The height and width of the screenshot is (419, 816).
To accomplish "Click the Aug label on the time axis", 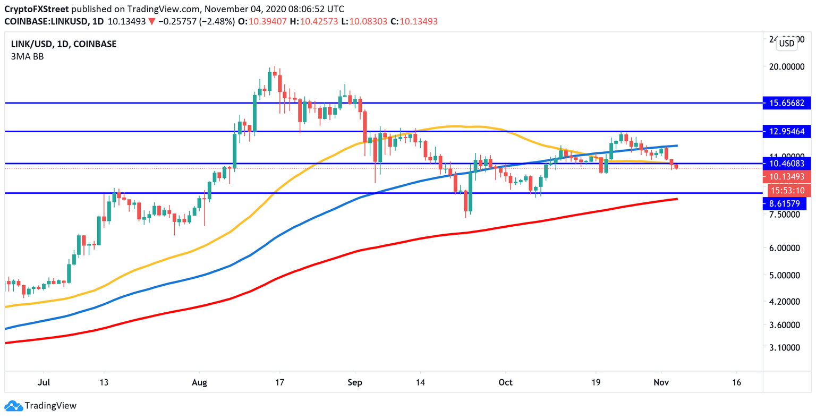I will coord(199,382).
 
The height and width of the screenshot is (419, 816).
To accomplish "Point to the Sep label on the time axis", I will coord(355,382).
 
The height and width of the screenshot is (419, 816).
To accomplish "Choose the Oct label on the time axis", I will coord(506,382).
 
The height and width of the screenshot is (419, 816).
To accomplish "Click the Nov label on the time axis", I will coord(661,382).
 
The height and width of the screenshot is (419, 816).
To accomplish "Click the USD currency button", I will coord(786,44).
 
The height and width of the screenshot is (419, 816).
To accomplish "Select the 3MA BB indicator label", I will coord(27,56).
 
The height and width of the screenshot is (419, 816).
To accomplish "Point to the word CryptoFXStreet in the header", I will coord(36,9).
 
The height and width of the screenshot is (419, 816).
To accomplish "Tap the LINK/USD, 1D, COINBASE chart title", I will coord(63,44).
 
